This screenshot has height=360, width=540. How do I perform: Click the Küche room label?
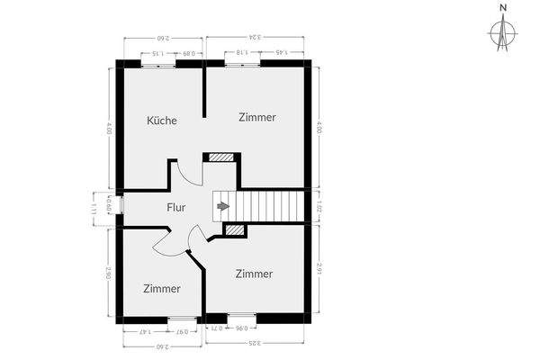click(162, 121)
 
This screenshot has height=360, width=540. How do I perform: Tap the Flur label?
click(176, 207)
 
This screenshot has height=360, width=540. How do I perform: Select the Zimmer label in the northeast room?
click(257, 117)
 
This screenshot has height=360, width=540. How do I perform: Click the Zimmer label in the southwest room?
click(162, 289)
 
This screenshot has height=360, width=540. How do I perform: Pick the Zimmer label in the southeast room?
click(254, 273)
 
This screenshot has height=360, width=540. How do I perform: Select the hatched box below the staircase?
click(235, 231)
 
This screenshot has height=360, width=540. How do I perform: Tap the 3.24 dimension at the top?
click(257, 38)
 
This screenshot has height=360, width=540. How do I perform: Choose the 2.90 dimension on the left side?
click(108, 273)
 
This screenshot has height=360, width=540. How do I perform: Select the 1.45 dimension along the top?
click(280, 53)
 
